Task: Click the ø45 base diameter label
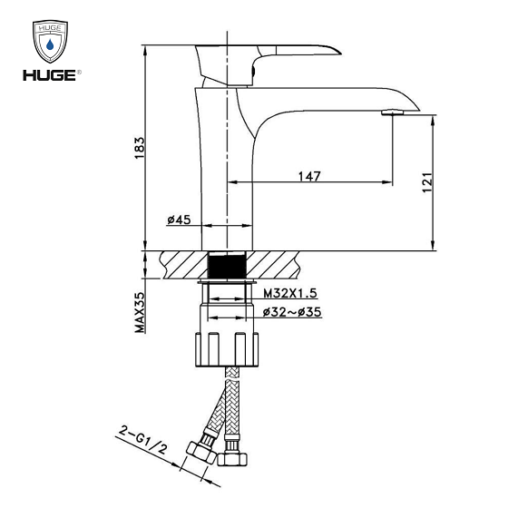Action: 179,220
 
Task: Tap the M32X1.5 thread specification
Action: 289,294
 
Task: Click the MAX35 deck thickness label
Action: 141,313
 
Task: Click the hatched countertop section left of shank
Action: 181,266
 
